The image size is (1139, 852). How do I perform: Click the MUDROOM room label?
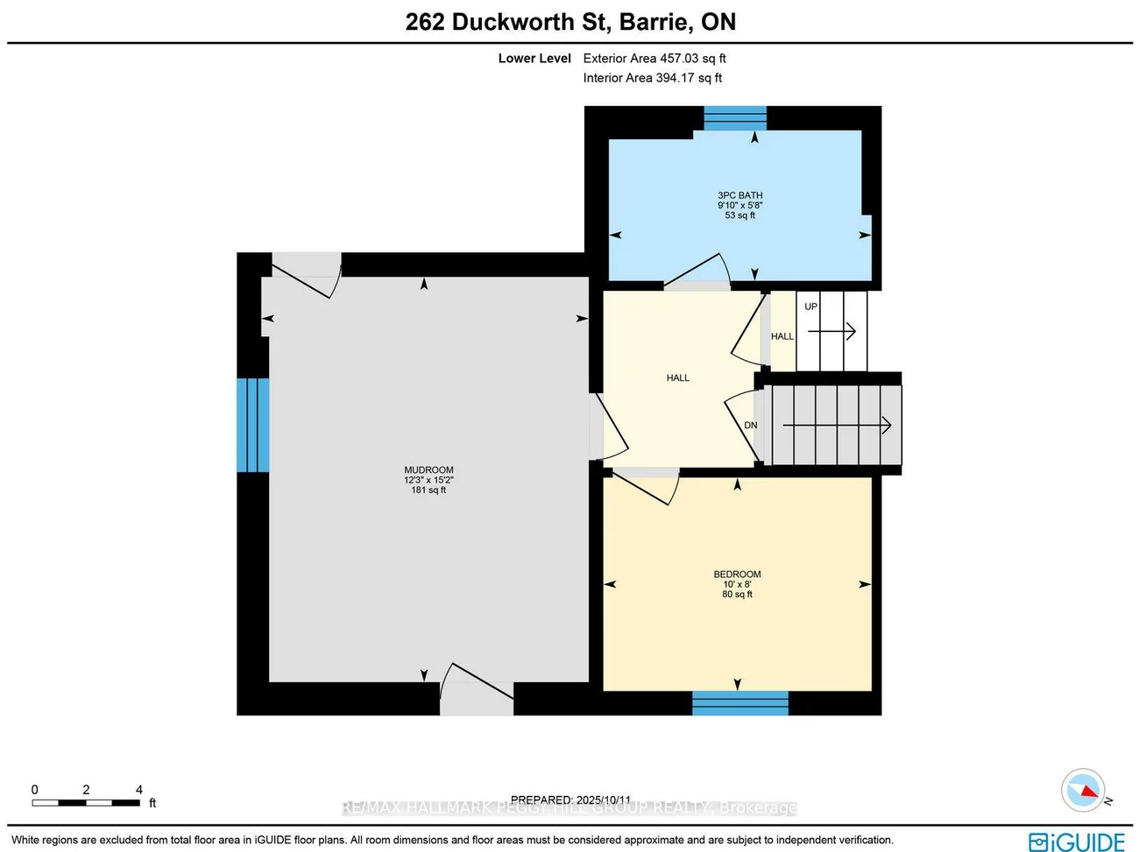tap(428, 470)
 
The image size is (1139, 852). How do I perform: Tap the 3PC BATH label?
tap(739, 195)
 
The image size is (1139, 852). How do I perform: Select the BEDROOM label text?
tap(737, 574)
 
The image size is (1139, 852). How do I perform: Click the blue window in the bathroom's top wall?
tap(735, 118)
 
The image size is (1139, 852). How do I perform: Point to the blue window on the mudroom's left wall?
tap(253, 425)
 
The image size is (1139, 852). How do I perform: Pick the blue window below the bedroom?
tap(740, 703)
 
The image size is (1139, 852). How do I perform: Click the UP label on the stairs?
tap(810, 306)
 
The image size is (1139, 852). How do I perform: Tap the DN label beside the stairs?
tap(750, 426)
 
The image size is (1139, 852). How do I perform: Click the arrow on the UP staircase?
tap(831, 331)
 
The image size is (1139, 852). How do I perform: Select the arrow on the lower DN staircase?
tap(837, 426)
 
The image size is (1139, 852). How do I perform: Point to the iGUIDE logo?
tap(1076, 841)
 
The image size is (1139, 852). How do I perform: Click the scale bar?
tap(86, 802)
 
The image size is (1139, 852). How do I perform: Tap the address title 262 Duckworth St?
tap(570, 22)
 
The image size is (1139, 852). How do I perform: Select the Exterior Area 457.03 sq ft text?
tap(654, 59)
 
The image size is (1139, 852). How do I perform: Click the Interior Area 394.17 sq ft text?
tap(653, 78)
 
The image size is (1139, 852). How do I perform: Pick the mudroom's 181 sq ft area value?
tap(428, 490)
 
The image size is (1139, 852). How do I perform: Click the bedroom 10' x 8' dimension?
tap(737, 584)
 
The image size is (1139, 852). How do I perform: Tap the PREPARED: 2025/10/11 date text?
tap(570, 799)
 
